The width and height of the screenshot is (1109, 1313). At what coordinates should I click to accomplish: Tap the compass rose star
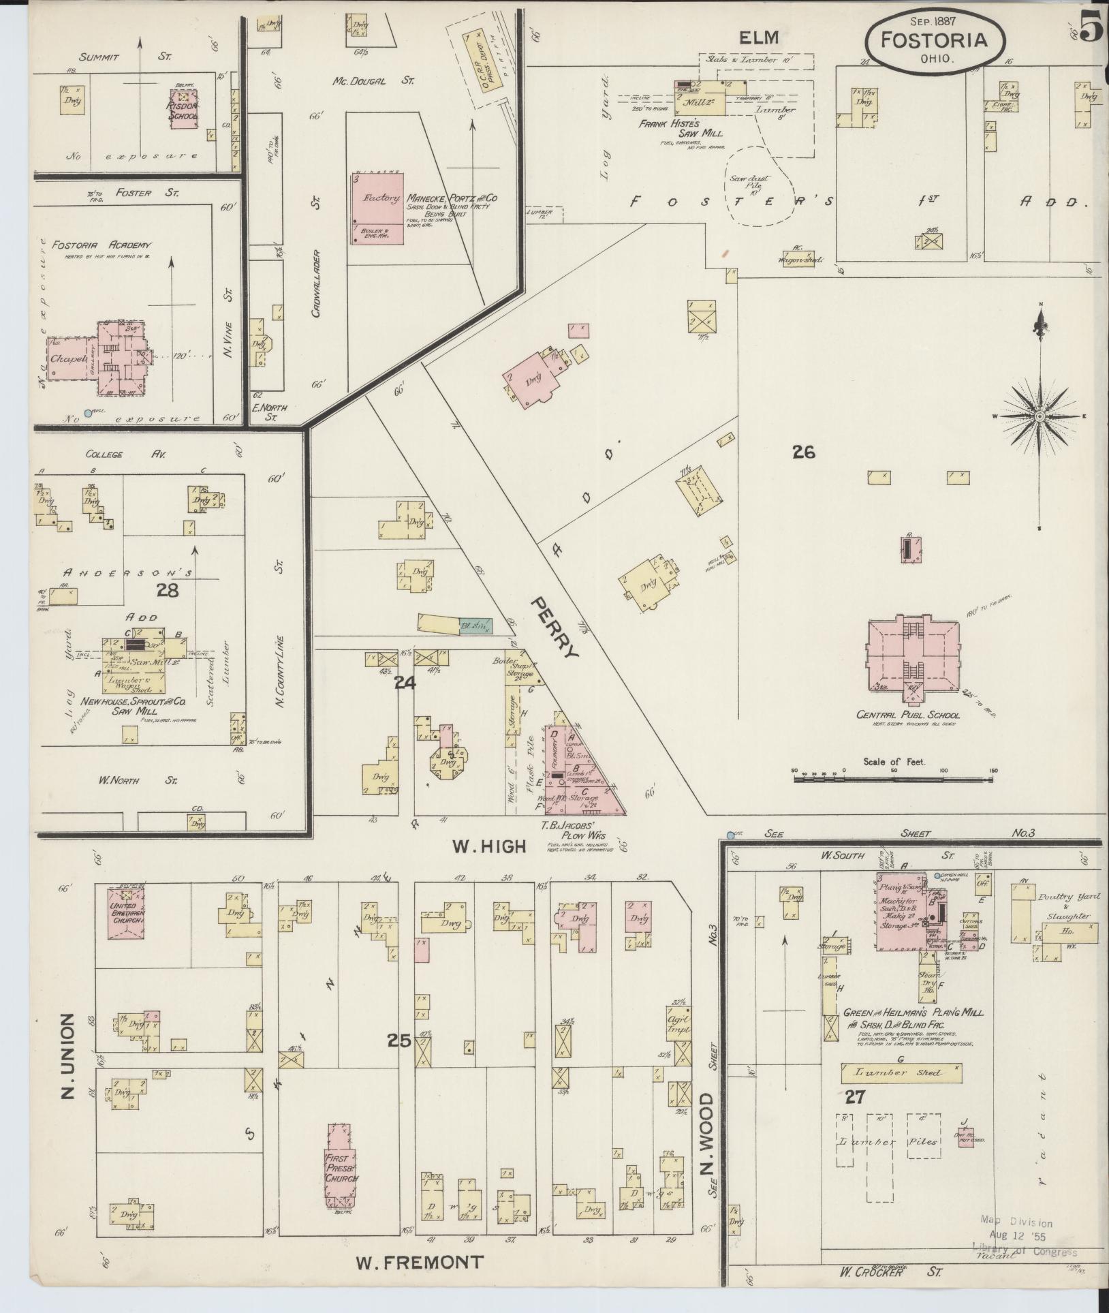pos(1040,415)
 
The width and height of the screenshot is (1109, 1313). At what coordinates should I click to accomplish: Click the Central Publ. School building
pos(911,652)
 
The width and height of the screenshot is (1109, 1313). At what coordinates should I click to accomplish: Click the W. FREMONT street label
pos(419,1263)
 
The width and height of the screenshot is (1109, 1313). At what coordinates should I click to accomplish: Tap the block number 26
pos(804,452)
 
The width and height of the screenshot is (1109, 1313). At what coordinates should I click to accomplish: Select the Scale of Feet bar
pos(894,777)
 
